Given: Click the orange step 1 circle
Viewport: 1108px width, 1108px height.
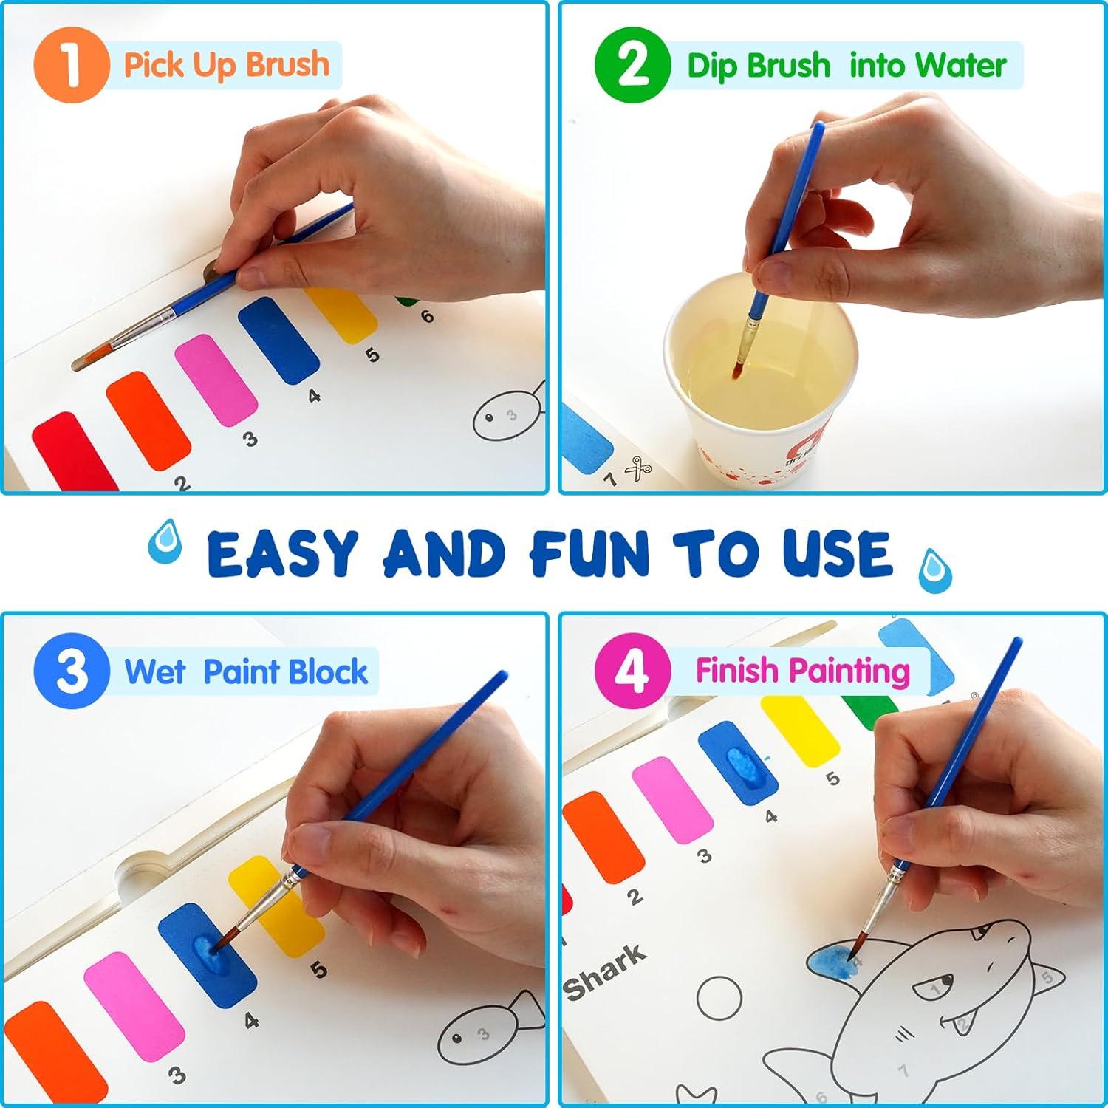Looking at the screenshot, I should (x=71, y=64).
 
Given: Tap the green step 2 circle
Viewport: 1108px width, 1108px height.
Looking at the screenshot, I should (x=632, y=64).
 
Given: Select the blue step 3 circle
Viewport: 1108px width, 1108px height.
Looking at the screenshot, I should (x=71, y=671).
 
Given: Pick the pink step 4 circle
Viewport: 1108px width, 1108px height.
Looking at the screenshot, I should (x=632, y=671).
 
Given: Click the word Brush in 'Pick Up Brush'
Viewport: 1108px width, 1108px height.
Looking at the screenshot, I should (x=287, y=65).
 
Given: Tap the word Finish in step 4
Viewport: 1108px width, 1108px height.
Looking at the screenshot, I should (x=738, y=671).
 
